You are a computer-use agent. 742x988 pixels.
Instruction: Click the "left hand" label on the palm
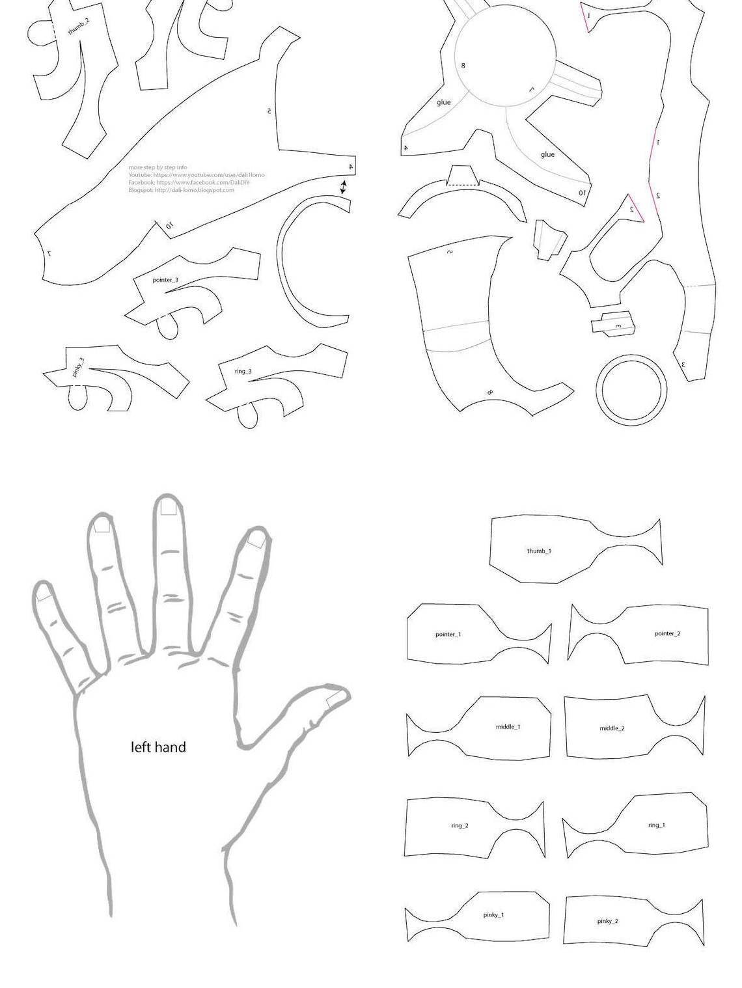tap(158, 747)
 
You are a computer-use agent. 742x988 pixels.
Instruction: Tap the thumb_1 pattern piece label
tap(539, 551)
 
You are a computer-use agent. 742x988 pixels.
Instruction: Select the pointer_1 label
tap(448, 635)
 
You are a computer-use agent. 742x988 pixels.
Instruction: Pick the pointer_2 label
tap(667, 634)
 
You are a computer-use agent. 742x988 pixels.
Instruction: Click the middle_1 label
tap(508, 727)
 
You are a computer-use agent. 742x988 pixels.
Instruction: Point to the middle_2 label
tap(612, 728)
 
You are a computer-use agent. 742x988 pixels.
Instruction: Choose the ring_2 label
tap(460, 826)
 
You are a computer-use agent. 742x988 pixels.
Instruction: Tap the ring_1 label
tap(656, 825)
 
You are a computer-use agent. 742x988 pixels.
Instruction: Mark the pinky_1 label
tap(493, 915)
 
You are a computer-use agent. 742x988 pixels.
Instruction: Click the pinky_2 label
tap(607, 922)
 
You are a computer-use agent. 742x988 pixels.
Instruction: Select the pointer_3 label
tap(165, 281)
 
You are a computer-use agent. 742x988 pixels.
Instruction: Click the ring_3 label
tap(243, 372)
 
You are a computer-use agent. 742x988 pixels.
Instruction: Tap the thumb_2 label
tap(79, 27)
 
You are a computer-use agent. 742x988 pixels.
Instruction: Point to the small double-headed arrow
tap(343, 187)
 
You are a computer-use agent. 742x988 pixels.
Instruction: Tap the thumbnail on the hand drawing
tap(335, 700)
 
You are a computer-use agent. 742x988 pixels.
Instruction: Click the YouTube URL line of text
tap(196, 175)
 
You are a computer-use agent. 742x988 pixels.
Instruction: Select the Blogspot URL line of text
tap(181, 190)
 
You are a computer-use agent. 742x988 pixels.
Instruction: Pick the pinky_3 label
tap(78, 367)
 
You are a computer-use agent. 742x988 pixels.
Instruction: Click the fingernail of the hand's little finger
tap(44, 594)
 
